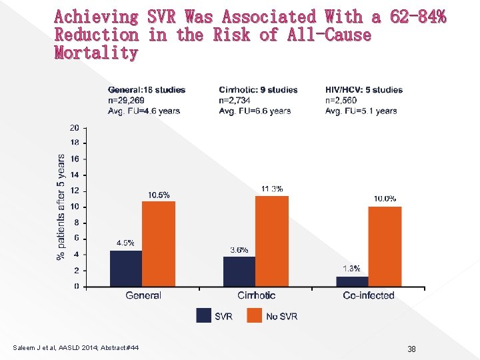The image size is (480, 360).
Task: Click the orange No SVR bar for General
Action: (x=159, y=244)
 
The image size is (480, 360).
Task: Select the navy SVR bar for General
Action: (x=126, y=268)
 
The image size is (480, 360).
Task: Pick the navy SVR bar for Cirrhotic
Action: (x=239, y=271)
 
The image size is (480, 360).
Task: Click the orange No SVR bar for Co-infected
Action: (x=385, y=247)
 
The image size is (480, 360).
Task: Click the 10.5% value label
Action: (x=159, y=195)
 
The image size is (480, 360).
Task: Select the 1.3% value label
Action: (x=351, y=269)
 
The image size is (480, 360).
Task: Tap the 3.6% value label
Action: (x=239, y=250)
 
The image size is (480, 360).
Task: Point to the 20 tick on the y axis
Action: (x=74, y=127)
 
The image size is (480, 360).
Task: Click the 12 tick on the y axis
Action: (x=74, y=191)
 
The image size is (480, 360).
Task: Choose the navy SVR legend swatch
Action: (x=204, y=315)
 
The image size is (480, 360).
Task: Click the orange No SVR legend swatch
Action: (x=255, y=315)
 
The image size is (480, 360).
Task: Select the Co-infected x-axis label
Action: (x=369, y=295)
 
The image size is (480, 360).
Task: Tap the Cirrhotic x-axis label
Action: (x=256, y=295)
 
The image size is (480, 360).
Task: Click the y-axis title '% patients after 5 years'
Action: (x=61, y=207)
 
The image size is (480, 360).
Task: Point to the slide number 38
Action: (x=411, y=349)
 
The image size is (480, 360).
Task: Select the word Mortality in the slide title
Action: (x=96, y=53)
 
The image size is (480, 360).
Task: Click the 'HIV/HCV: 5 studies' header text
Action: (x=364, y=90)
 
